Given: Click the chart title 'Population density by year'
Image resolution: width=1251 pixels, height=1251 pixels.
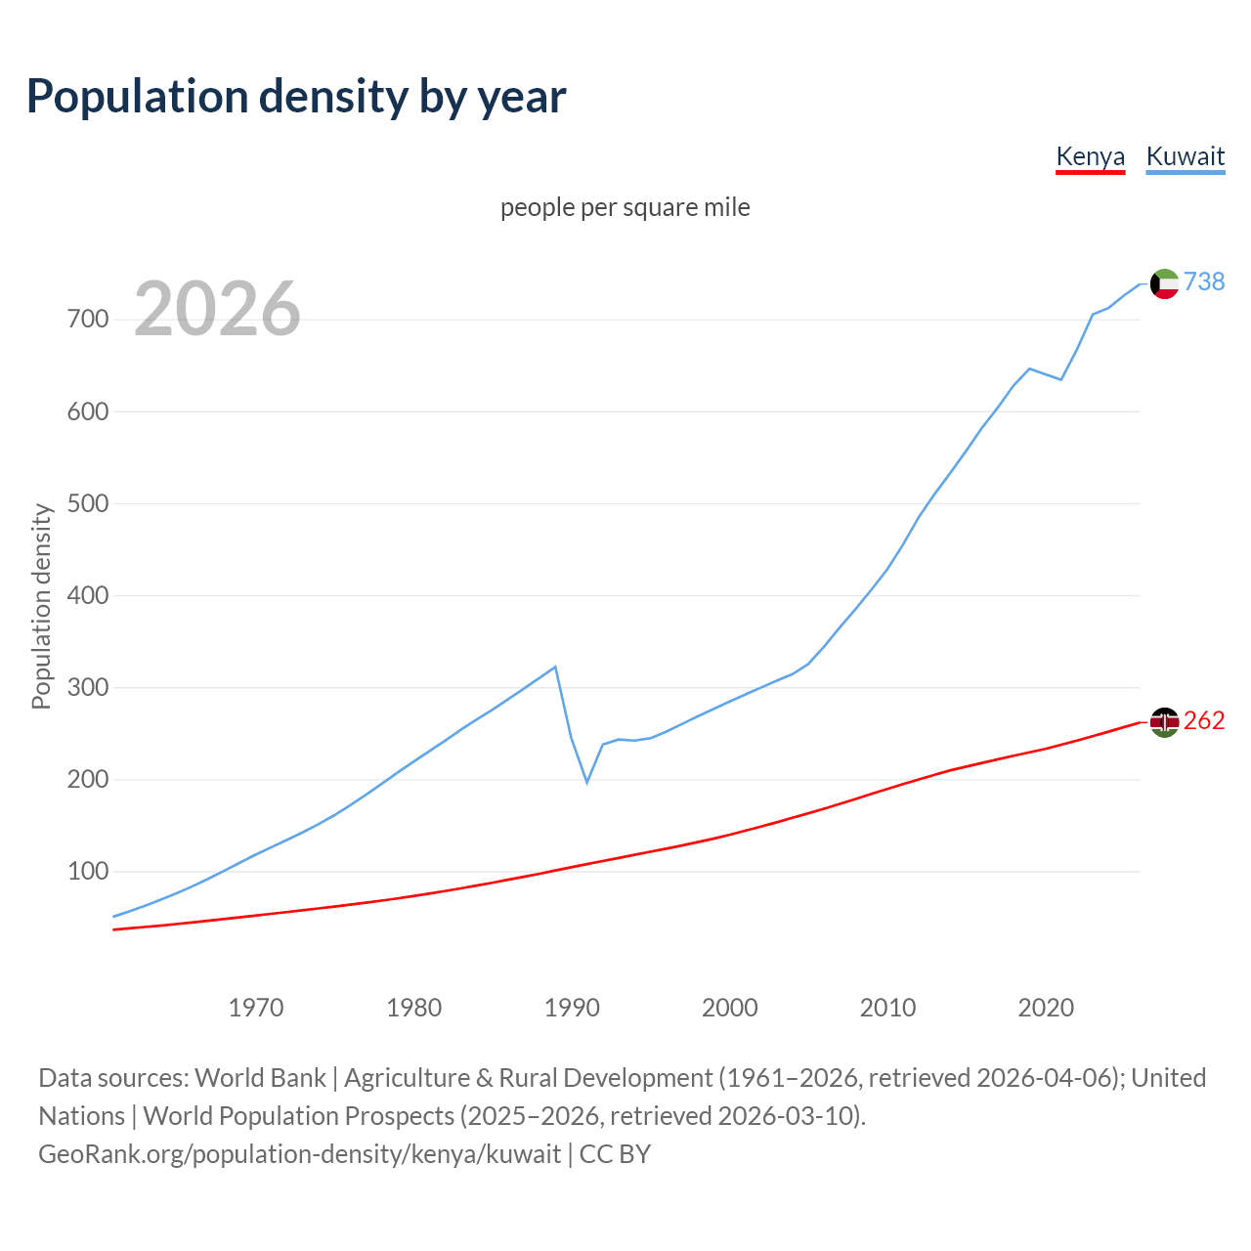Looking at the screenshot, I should (296, 97).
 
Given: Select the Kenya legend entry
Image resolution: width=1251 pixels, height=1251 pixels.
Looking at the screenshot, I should (1090, 156).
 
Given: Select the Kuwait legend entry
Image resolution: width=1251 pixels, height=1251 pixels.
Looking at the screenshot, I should (1185, 156).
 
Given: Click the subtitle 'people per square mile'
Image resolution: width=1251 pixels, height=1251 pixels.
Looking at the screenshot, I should (625, 207).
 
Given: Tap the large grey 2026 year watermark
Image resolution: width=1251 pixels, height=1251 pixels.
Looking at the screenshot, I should (217, 309).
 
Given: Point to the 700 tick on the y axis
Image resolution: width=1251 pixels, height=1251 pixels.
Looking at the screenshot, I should (88, 320).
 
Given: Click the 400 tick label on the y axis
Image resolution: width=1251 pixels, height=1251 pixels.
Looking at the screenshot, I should (88, 595).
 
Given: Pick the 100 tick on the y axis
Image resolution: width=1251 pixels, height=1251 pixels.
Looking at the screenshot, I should (88, 871).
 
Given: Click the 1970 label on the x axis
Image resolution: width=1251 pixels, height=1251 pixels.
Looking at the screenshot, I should (256, 1007).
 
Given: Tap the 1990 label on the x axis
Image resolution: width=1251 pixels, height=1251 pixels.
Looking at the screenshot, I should (572, 1007).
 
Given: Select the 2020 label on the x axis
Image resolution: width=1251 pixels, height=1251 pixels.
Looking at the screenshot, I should (1046, 1007).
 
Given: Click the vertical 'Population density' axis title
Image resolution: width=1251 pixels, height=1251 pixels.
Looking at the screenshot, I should (41, 606).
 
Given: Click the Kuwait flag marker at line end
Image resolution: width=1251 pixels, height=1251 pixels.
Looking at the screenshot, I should (1164, 283).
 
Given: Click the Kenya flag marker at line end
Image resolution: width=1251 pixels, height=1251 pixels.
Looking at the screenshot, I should (1164, 722).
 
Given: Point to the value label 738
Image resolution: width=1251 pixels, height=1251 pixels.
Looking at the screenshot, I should (1204, 281).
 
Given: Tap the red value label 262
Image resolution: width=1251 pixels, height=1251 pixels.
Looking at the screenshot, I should (1204, 720).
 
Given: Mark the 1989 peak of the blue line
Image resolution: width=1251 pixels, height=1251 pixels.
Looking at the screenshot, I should (555, 667).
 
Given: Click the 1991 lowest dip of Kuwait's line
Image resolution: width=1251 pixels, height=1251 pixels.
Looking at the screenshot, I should (587, 782).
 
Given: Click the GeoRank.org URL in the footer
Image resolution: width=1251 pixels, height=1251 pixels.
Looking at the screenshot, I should (300, 1154).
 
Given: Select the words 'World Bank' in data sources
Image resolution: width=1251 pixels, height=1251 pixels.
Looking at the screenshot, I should (260, 1078).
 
